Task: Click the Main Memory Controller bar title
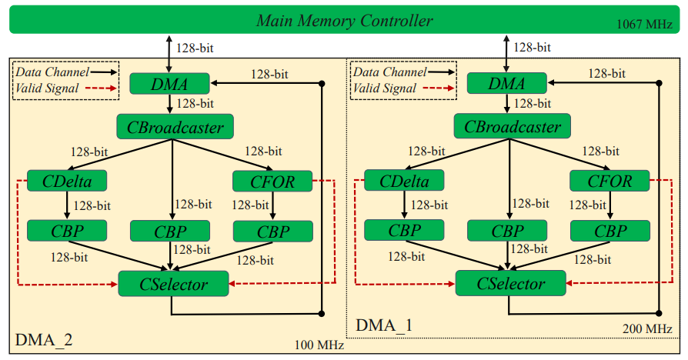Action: (344, 21)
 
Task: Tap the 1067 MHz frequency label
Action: (645, 25)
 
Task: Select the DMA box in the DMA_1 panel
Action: (507, 83)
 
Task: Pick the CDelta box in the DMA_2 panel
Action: (66, 182)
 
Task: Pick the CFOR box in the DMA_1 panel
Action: (611, 182)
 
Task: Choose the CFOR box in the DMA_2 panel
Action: (272, 182)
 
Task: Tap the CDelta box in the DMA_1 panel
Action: (404, 182)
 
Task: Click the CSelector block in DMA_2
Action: (173, 284)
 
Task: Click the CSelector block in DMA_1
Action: (511, 284)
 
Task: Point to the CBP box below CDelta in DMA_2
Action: (66, 230)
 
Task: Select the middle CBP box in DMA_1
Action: (507, 231)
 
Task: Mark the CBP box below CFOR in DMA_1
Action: (610, 231)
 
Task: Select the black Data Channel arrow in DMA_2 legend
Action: (103, 72)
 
